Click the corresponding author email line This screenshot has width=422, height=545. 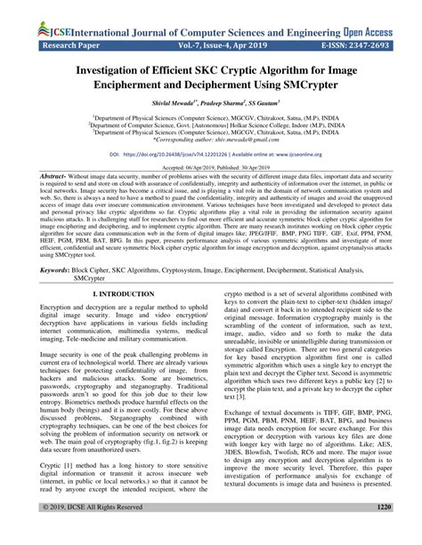tap(210, 140)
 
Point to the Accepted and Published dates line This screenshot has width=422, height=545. tap(210, 167)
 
